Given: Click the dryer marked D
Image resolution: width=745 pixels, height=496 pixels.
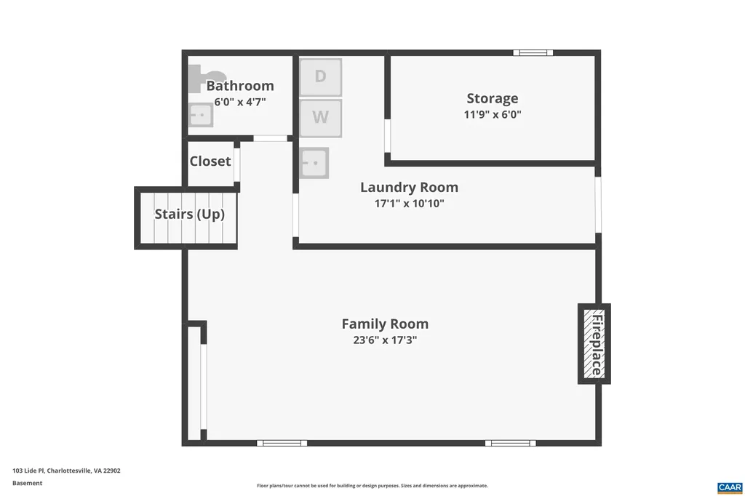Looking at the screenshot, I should pos(320,77).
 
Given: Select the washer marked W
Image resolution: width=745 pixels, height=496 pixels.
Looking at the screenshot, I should pos(320,116).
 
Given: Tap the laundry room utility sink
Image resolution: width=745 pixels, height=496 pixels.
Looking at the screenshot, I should pos(314,162).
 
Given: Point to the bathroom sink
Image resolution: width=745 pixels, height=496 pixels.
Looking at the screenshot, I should pos(200,115).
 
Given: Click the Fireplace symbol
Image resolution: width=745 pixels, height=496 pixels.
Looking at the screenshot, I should pos(594,343).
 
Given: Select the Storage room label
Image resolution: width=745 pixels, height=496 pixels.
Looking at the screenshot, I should pos(493,98).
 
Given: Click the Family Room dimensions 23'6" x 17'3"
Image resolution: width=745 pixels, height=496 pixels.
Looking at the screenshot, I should pos(385,340).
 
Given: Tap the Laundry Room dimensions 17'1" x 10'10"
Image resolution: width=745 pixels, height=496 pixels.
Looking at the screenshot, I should pos(409,204).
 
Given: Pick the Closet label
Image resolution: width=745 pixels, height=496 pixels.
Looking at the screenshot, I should pos(210,161).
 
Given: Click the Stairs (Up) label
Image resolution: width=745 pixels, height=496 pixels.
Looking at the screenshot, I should pos(189,215).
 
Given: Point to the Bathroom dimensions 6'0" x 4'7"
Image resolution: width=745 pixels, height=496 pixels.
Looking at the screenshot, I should pos(240,102).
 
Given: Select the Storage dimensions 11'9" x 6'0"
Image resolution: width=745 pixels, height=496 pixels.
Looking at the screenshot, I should pos(493,114).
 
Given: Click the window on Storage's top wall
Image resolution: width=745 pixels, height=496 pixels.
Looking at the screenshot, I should pos(533,52).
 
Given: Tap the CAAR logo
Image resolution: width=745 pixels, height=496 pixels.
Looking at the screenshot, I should pos(729,487).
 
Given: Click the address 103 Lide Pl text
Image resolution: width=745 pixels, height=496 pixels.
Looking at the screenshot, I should pos(66,471).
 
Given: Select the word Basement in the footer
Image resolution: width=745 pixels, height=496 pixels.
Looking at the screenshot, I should pos(27,483).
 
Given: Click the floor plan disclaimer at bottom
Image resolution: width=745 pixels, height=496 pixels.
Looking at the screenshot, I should pos(372,486).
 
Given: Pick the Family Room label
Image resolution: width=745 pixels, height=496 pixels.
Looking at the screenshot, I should pos(385,324).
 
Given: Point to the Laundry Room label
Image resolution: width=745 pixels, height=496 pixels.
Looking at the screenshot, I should pos(409,188).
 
